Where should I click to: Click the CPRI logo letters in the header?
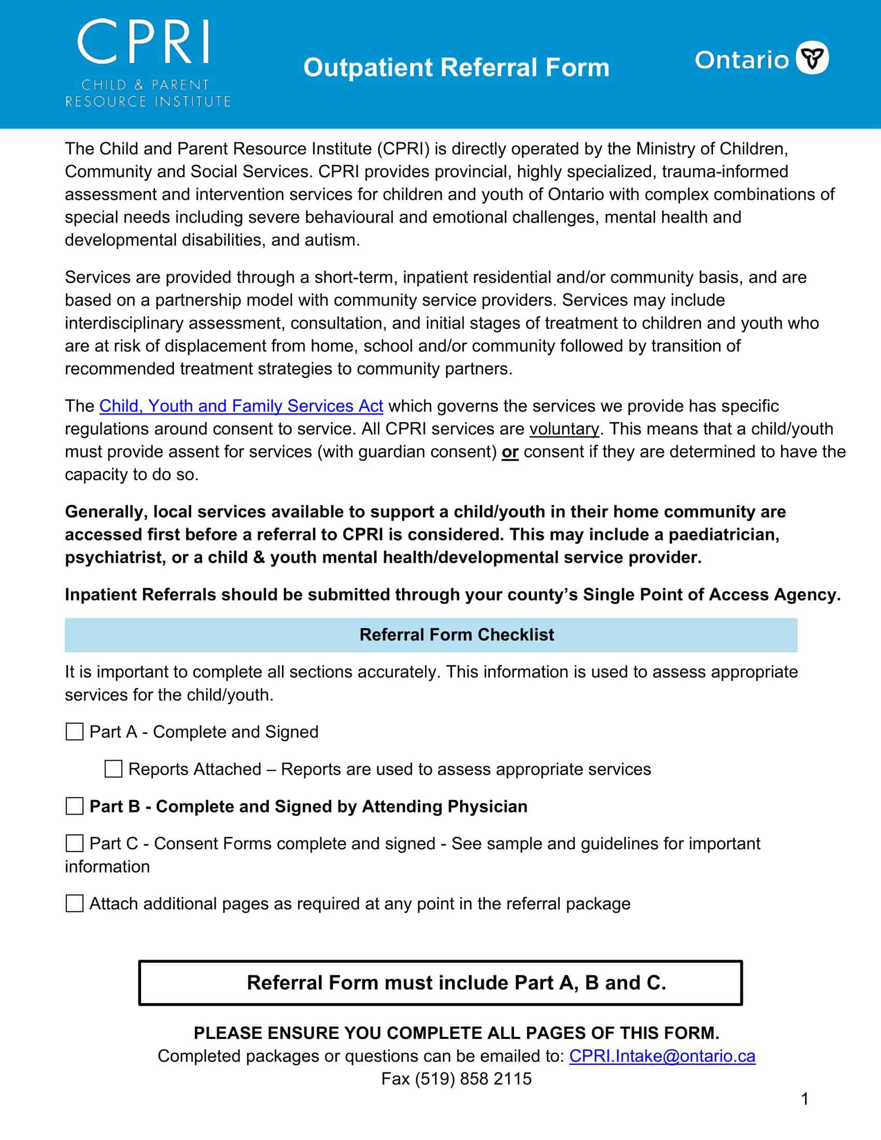point(144,42)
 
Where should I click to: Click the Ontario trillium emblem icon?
point(812,58)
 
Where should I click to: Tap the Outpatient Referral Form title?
point(456,68)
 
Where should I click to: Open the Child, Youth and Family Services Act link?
point(241,406)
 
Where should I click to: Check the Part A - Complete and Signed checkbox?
point(75,732)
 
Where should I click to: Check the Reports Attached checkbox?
point(113,769)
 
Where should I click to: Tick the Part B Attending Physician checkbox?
point(75,806)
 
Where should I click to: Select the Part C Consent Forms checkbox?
point(75,843)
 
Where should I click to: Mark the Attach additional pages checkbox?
point(75,903)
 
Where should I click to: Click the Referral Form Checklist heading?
point(457,635)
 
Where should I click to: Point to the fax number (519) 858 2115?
point(473,1078)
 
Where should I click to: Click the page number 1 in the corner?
point(804,1099)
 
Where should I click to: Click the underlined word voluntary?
point(564,429)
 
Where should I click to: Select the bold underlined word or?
point(509,452)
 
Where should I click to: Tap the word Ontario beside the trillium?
point(742,60)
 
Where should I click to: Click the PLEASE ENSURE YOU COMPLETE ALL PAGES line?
point(456,1032)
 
